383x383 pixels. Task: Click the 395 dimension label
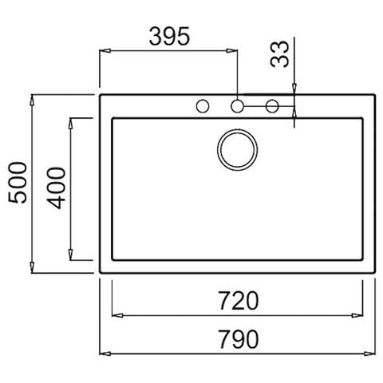pos(168,36)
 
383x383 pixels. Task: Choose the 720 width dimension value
pos(237,301)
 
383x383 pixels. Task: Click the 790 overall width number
pos(237,340)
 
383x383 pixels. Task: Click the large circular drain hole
pos(237,149)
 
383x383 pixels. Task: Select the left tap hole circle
pos(203,105)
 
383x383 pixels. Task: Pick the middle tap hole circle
pos(238,105)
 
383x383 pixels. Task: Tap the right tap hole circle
pos(271,105)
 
